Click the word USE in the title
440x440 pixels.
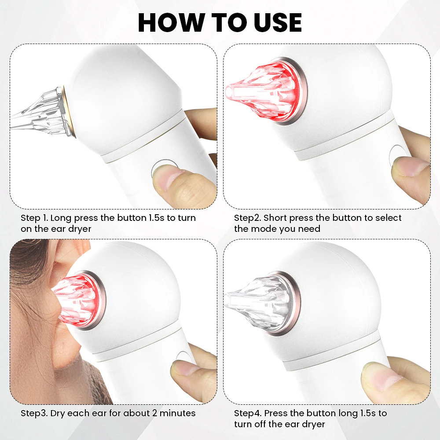pos(278,22)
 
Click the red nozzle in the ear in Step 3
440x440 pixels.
pos(75,300)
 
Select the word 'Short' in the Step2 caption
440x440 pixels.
pos(275,218)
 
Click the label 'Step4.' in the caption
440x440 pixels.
pos(248,413)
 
